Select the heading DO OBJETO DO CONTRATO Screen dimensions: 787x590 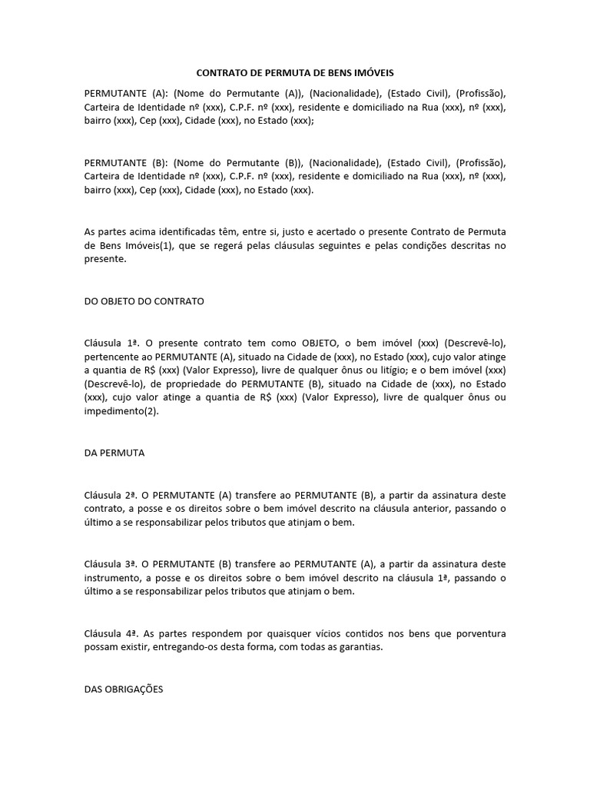point(144,301)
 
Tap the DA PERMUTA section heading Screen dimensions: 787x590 point(114,453)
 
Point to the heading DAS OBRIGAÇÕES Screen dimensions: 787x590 point(124,689)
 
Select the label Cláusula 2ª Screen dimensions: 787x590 point(110,495)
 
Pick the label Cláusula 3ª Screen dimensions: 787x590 point(110,564)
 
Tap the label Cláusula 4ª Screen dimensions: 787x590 point(110,633)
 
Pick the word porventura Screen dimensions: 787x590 point(479,633)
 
